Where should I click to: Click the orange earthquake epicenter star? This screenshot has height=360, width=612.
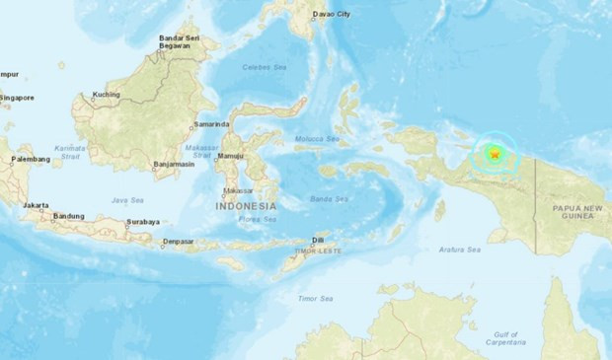(x=494, y=154)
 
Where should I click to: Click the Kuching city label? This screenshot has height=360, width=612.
(x=107, y=95)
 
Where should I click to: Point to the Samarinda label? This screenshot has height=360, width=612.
(x=212, y=124)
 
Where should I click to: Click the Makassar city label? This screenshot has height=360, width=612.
(x=238, y=189)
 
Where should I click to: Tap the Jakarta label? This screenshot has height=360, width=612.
(x=37, y=205)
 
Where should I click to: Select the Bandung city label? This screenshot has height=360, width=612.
(x=68, y=216)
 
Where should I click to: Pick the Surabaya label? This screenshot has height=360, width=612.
(x=143, y=221)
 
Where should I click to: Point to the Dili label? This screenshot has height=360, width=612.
(x=317, y=240)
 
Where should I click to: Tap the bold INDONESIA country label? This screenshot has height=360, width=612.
(x=246, y=205)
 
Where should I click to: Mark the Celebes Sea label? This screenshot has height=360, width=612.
(x=264, y=66)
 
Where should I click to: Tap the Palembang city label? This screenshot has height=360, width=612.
(x=30, y=158)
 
